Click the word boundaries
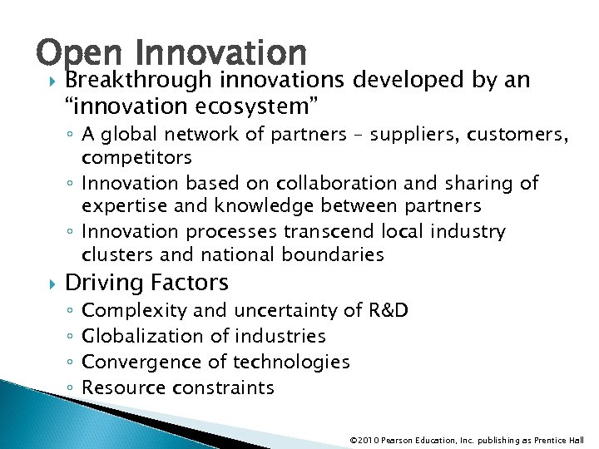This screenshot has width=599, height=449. tap(334, 254)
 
